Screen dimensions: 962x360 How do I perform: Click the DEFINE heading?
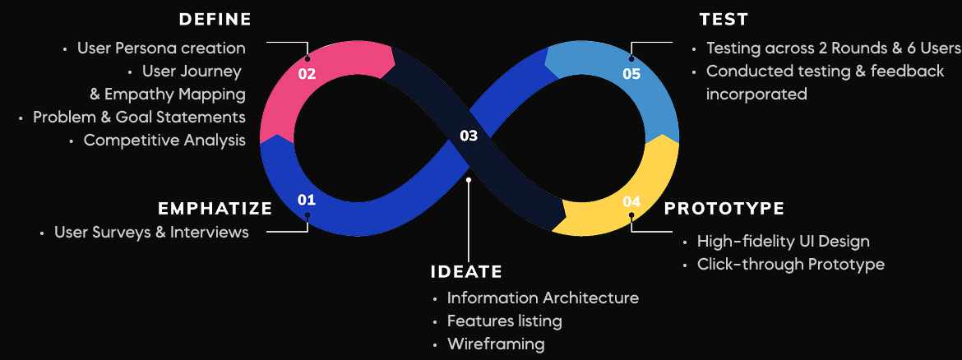click(215, 20)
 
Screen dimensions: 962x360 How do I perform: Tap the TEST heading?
click(724, 20)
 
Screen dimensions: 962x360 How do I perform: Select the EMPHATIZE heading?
click(215, 209)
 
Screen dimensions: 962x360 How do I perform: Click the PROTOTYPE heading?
click(724, 209)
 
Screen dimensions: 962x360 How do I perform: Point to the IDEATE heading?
click(466, 272)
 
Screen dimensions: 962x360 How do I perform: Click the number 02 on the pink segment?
click(307, 74)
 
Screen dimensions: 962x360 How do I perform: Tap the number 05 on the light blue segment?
click(631, 74)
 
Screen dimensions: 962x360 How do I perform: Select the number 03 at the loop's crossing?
click(469, 136)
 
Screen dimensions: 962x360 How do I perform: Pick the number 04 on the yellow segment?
click(631, 201)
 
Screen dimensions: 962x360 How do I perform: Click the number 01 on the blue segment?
click(306, 200)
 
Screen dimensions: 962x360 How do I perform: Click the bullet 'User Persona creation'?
click(161, 48)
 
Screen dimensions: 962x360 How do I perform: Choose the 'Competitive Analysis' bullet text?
click(164, 141)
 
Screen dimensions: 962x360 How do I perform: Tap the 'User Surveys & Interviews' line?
click(151, 233)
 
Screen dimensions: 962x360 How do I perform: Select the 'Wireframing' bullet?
click(496, 344)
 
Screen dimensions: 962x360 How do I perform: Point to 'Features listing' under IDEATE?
click(504, 321)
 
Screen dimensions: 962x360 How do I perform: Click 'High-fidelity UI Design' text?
click(784, 242)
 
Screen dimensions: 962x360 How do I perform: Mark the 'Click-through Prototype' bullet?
click(791, 265)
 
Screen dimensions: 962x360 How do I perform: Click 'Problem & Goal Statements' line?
click(139, 118)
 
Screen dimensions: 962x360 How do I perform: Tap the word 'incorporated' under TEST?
click(756, 95)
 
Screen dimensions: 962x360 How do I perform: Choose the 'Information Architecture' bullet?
click(543, 298)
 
